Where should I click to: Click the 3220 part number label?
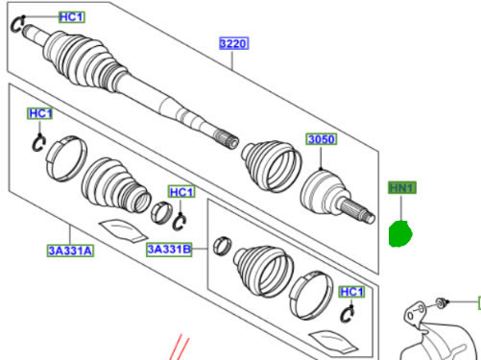(x=233, y=43)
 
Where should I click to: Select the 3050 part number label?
(x=322, y=139)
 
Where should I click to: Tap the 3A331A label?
(x=70, y=251)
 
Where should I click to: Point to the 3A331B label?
(x=170, y=249)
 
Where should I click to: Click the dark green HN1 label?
(x=402, y=187)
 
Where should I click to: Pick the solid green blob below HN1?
(x=400, y=233)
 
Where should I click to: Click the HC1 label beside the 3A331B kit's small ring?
(x=181, y=192)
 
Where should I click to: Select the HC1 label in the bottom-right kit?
(x=351, y=292)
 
